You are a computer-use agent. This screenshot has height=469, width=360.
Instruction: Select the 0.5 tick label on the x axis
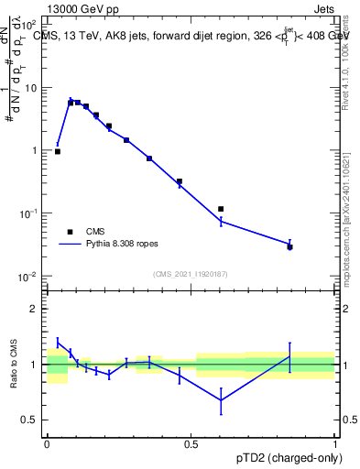click(191, 443)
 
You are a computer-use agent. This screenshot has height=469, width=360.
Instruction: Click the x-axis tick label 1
click(334, 443)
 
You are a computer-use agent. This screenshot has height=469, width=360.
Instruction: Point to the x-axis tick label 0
click(47, 443)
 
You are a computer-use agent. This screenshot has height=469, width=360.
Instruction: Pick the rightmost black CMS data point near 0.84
click(290, 246)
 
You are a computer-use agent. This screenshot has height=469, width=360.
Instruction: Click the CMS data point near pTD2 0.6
click(221, 209)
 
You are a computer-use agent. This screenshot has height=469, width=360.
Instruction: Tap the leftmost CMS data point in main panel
click(58, 151)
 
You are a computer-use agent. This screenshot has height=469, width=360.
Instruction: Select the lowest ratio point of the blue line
click(221, 399)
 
